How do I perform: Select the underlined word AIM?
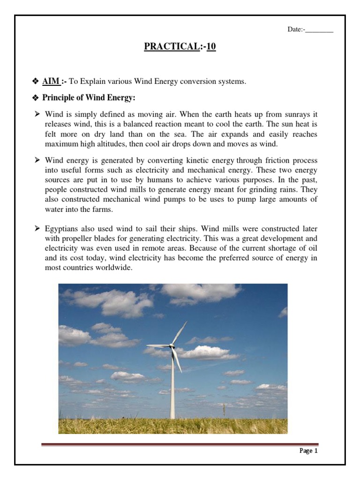(51, 82)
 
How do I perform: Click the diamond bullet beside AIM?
(35, 82)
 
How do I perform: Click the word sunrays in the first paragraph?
(292, 114)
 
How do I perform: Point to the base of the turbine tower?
(172, 417)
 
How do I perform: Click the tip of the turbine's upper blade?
(186, 322)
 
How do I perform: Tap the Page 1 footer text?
(308, 451)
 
